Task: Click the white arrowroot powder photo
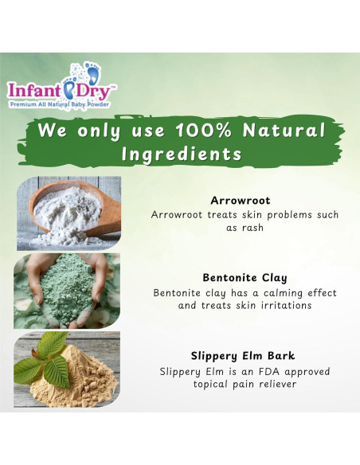(x=67, y=213)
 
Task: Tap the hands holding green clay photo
(x=67, y=291)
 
